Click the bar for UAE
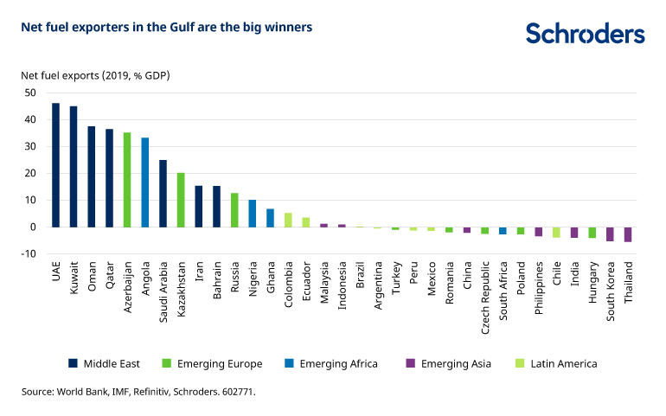[x=55, y=165]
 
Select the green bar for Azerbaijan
[x=127, y=180]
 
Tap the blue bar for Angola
[x=144, y=182]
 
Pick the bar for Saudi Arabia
[x=163, y=194]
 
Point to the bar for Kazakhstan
[x=181, y=200]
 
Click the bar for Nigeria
[x=252, y=214]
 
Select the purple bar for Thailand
[x=628, y=234]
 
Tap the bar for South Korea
[x=610, y=234]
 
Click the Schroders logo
[x=585, y=34]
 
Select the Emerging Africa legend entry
[x=330, y=364]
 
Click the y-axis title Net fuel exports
[x=95, y=75]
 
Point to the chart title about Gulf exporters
[x=167, y=28]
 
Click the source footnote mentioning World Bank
[x=139, y=392]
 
